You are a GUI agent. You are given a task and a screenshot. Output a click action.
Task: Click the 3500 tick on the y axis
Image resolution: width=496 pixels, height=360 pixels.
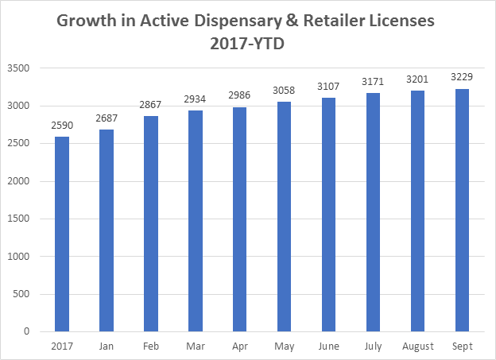(x=29, y=68)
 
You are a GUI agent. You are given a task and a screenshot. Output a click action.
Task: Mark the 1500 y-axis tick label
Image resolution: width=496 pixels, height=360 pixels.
(x=29, y=219)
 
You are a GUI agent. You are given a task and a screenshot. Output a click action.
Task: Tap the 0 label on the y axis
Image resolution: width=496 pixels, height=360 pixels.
(x=37, y=331)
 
